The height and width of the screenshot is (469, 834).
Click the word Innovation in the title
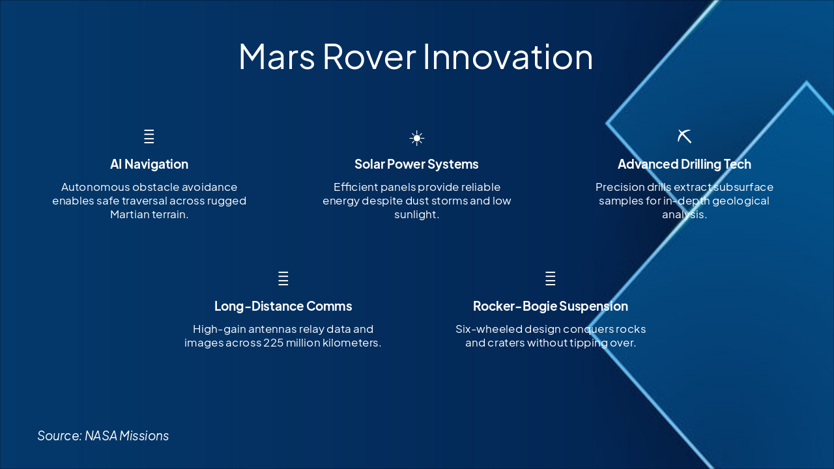pos(508,57)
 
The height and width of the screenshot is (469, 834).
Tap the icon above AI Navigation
pos(149,137)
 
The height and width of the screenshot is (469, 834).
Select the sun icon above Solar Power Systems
pos(417,138)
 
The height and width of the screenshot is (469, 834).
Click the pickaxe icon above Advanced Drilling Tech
pos(684,136)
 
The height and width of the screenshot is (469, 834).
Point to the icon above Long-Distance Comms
pos(283,279)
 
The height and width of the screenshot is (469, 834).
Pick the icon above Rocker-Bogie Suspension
pos(551,279)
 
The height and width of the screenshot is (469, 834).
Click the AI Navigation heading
pos(149,164)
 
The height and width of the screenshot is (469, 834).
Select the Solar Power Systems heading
pos(416,164)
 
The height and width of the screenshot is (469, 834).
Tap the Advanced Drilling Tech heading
pos(684,164)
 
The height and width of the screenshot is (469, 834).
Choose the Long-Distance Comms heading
pos(283,306)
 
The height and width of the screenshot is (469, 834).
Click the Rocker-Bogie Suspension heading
pos(551,306)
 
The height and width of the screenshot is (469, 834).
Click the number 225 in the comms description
pos(274,343)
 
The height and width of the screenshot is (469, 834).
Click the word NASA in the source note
pos(100,436)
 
